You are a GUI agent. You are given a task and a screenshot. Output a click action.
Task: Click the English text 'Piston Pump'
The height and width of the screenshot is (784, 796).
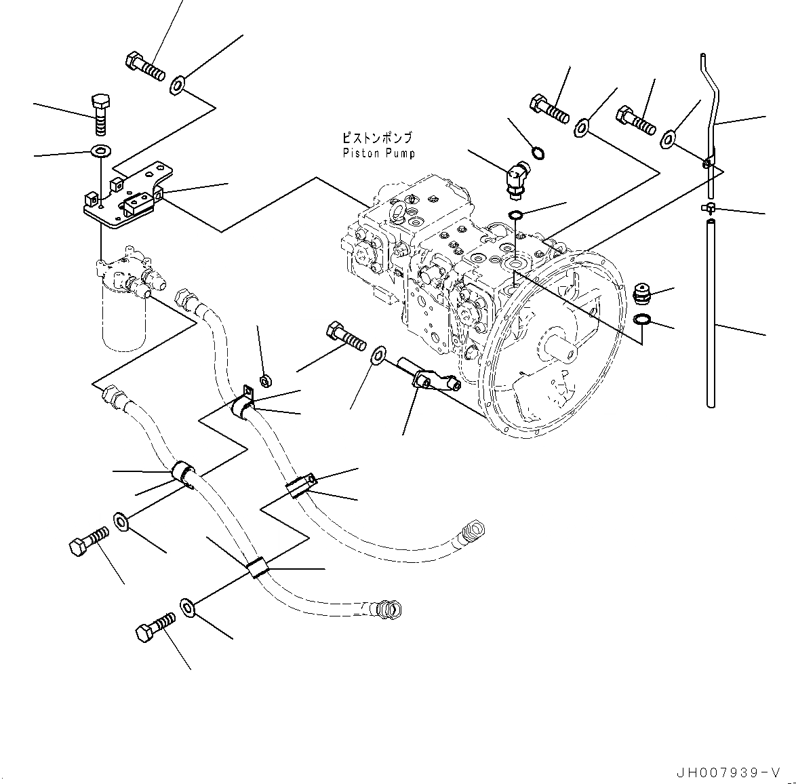378,153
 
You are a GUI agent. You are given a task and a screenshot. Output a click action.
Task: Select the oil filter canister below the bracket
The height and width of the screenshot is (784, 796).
123,319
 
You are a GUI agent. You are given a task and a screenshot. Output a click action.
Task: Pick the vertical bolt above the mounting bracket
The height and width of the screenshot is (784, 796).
100,115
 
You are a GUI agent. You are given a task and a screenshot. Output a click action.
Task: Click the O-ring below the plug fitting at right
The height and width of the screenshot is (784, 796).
642,319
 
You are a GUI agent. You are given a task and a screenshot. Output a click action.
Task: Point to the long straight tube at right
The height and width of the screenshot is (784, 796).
710,312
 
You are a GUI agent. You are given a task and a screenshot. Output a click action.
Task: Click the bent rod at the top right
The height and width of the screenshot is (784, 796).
707,109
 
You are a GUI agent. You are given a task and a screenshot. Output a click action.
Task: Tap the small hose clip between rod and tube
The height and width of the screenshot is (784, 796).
708,207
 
